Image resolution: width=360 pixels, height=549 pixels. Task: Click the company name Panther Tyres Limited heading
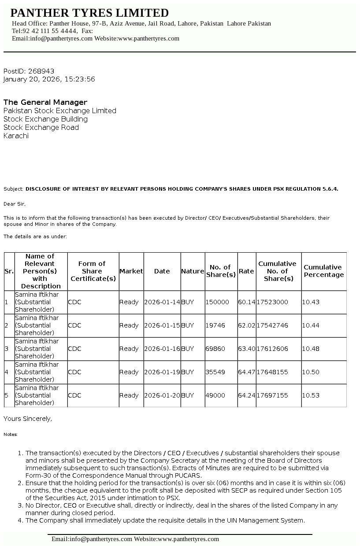89,13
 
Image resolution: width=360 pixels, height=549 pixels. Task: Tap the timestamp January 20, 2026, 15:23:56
49,79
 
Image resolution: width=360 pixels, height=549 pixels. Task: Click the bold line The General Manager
45,102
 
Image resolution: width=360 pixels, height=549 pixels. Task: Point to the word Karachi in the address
16,136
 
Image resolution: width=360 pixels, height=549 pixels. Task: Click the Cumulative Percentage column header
323,271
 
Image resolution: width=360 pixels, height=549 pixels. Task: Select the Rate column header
246,271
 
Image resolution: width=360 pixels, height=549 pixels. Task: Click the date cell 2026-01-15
162,325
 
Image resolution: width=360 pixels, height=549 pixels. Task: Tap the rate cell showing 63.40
246,349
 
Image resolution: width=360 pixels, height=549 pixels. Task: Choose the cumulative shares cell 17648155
272,372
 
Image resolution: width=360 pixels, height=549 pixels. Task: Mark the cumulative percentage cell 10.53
311,395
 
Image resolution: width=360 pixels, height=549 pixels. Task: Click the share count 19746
215,325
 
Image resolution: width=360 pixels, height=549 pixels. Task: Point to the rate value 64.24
246,395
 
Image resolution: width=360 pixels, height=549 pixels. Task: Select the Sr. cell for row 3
6,349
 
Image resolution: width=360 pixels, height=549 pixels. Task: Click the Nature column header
193,271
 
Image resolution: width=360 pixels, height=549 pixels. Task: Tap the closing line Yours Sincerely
28,419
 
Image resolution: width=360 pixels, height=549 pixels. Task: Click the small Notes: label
11,434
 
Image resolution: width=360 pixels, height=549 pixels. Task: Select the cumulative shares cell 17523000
272,302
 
